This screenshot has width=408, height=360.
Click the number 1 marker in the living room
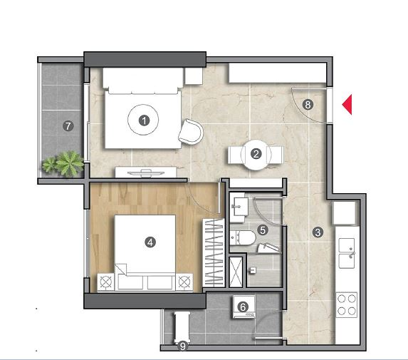pyautogui.click(x=144, y=120)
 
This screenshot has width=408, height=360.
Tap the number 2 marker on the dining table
pyautogui.click(x=256, y=154)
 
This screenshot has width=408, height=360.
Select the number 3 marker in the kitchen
pyautogui.click(x=318, y=232)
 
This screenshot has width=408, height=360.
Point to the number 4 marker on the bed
pyautogui.click(x=150, y=242)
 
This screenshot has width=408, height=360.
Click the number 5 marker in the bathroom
pyautogui.click(x=263, y=230)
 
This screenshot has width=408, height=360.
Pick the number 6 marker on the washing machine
pyautogui.click(x=243, y=307)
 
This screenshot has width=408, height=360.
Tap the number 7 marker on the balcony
pyautogui.click(x=68, y=126)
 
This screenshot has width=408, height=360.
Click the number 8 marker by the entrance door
pyautogui.click(x=308, y=105)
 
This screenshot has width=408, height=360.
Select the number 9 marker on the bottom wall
pyautogui.click(x=183, y=346)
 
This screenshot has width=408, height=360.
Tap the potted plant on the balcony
pyautogui.click(x=63, y=163)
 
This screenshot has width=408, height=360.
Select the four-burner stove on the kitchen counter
pyautogui.click(x=346, y=305)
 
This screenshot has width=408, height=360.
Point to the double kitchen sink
pyautogui.click(x=347, y=253)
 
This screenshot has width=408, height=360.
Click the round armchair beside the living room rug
pyautogui.click(x=191, y=132)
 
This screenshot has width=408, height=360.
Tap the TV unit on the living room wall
pyautogui.click(x=146, y=173)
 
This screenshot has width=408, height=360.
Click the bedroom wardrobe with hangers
pyautogui.click(x=214, y=252)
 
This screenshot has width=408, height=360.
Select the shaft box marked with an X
pyautogui.click(x=236, y=272)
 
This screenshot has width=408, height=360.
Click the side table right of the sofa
pyautogui.click(x=194, y=76)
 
